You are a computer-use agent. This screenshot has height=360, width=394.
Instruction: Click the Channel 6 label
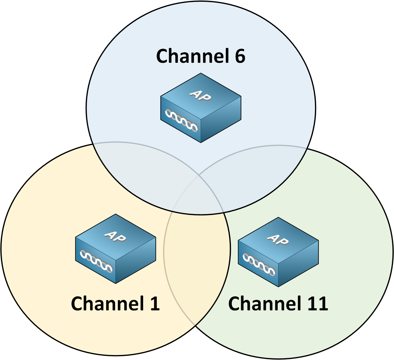201,56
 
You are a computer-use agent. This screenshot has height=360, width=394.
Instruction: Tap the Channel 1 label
115,304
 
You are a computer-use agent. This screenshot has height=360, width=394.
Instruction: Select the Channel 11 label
278,304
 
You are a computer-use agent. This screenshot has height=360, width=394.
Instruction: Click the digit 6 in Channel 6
240,56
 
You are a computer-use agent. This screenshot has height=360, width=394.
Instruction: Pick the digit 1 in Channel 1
155,304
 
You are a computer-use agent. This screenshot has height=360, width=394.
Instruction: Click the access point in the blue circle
201,108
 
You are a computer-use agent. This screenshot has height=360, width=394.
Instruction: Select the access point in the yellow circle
116,249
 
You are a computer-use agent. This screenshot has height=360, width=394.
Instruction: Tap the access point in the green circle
278,252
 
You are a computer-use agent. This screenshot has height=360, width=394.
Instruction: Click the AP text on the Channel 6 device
200,95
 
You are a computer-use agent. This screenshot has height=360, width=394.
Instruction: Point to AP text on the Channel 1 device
115,236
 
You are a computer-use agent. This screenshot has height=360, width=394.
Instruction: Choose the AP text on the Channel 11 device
278,239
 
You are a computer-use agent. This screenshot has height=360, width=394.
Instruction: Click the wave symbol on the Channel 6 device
181,120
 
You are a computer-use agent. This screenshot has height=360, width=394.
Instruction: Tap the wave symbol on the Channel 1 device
96,260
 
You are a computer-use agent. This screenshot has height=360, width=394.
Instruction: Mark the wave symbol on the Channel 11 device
259,264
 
